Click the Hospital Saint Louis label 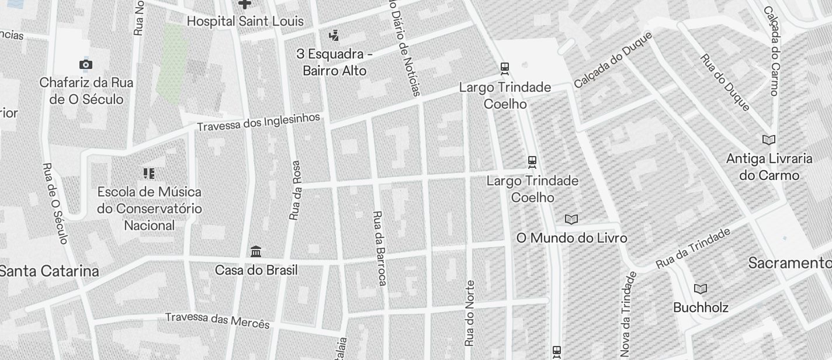(x=245, y=22)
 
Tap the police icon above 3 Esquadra (x=334, y=36)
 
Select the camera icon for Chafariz (x=86, y=64)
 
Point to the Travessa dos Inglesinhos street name (x=258, y=122)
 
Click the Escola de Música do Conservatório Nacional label (x=149, y=209)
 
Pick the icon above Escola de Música (x=149, y=173)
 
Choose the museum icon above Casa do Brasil (x=256, y=252)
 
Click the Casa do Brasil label (x=256, y=270)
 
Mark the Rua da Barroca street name (x=379, y=248)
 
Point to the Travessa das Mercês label (x=217, y=320)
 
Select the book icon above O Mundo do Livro (x=571, y=220)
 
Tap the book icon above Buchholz (x=701, y=289)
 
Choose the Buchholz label (x=701, y=307)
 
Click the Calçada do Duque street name (x=612, y=59)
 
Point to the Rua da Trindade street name (x=693, y=248)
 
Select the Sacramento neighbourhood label (x=790, y=263)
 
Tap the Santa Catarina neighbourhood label (x=49, y=271)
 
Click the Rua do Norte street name (x=470, y=313)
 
